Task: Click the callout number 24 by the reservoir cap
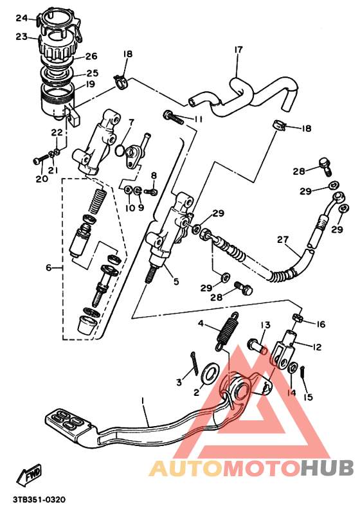tap(22, 17)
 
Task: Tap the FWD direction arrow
tap(30, 475)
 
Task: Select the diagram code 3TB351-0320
tap(38, 499)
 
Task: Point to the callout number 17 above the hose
tap(239, 50)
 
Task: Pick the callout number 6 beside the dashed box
tap(48, 267)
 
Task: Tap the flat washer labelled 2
tap(209, 372)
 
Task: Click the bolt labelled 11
tap(174, 118)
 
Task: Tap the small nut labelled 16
tap(297, 317)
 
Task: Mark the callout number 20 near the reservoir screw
tap(41, 179)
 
